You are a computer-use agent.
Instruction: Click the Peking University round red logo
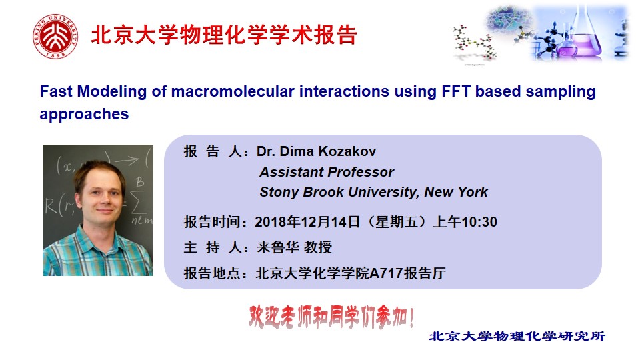pos(55,36)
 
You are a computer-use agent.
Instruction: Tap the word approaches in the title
pos(84,114)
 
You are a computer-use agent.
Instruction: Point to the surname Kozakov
pos(347,151)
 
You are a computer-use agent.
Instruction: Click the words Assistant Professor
pos(327,172)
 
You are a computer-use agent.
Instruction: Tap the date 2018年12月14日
pos(307,222)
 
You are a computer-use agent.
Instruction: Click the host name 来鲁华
pos(277,247)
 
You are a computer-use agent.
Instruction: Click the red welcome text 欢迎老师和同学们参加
pos(331,317)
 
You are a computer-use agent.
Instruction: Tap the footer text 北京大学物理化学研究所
pos(517,336)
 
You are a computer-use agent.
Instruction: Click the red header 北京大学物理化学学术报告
pos(224,35)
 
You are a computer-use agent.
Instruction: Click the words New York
pos(456,192)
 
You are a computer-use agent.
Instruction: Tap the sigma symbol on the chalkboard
pos(138,203)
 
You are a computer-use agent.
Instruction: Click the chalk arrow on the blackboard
pos(127,161)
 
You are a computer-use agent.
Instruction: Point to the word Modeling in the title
pos(112,91)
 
